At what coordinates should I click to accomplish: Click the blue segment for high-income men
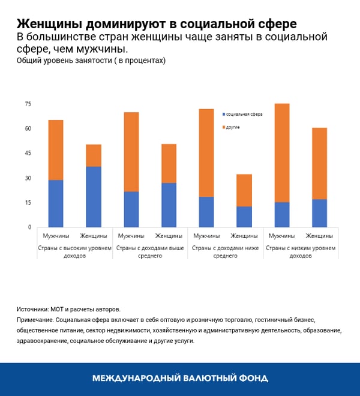tap(56, 203)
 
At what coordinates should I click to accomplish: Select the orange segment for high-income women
tap(94, 155)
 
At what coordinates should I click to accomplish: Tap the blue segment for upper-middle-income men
tap(131, 209)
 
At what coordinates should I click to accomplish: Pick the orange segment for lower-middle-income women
tap(244, 190)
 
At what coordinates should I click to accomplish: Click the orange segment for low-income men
tap(281, 153)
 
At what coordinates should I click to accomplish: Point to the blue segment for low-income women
tap(319, 213)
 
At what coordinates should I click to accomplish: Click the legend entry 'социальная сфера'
tap(244, 114)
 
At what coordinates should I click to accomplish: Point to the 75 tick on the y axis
tap(28, 104)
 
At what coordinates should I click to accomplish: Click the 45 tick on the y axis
tap(28, 154)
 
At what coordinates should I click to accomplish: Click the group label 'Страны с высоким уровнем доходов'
tap(75, 251)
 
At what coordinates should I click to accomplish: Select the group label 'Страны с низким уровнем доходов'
tap(301, 251)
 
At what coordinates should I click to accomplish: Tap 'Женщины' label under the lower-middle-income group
tap(244, 236)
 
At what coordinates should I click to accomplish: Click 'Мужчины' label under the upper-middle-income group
tap(131, 236)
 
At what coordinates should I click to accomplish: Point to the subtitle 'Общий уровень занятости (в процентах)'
tap(91, 61)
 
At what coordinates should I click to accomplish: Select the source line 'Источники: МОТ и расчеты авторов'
tap(68, 310)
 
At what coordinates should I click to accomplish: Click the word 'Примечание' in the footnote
tap(37, 320)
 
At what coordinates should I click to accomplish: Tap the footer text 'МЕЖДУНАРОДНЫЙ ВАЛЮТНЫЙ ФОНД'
tap(180, 379)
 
